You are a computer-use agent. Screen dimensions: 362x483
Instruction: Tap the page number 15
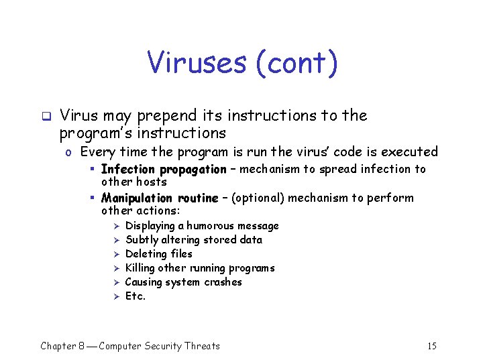(x=431, y=346)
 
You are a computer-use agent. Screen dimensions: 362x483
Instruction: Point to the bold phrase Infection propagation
(x=164, y=170)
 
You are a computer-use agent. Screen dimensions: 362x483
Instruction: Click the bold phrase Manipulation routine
(x=160, y=198)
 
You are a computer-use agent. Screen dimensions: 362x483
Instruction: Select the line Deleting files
(x=159, y=254)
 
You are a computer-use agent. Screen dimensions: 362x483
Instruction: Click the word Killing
(x=140, y=268)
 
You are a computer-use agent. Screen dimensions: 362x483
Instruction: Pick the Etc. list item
(x=136, y=296)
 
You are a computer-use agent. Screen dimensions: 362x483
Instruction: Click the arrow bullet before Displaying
(x=115, y=226)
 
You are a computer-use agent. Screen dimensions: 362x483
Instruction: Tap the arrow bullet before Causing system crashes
(x=115, y=282)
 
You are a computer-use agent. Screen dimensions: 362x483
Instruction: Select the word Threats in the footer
(x=202, y=346)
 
